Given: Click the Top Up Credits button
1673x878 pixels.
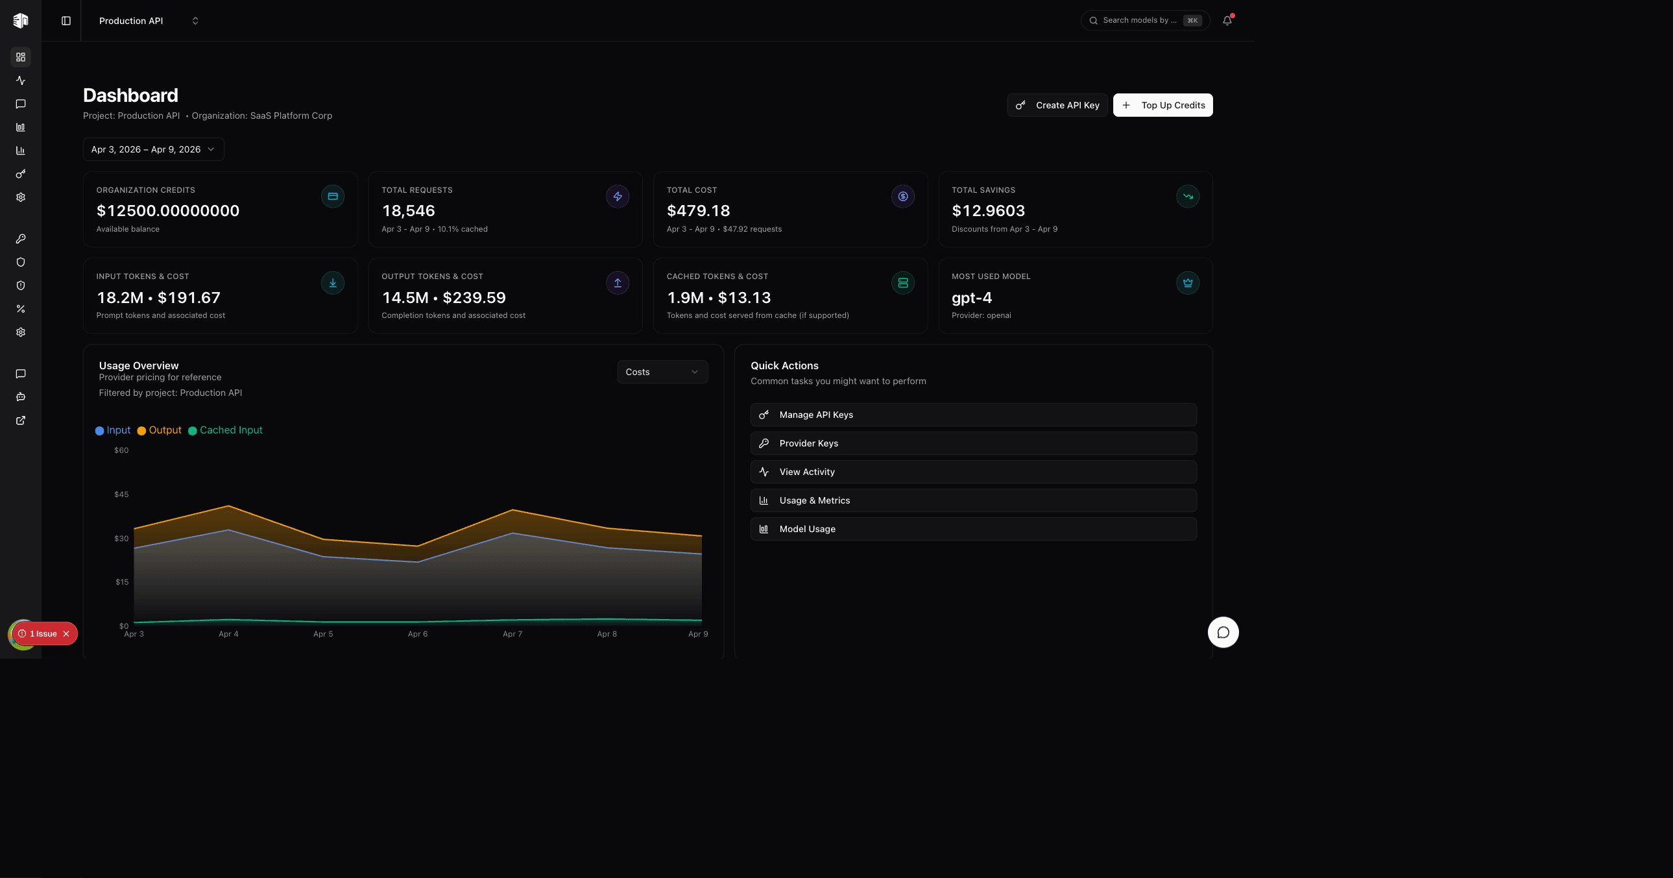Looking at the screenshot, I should (x=1162, y=105).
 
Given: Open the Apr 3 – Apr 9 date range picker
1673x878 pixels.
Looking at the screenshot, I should (x=153, y=149).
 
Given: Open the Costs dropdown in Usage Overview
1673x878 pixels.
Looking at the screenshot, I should (x=662, y=372).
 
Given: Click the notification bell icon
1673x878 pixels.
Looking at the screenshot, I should (x=1227, y=21).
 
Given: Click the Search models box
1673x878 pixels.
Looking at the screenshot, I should (x=1140, y=21).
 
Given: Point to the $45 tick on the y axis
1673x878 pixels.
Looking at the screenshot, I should (x=121, y=494).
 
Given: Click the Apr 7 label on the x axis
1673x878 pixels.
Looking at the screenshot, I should (x=512, y=634).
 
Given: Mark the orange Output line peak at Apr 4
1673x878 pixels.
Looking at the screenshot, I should (x=228, y=506).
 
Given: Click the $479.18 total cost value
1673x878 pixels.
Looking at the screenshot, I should (x=698, y=211).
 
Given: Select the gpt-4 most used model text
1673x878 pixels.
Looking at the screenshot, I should (x=972, y=298).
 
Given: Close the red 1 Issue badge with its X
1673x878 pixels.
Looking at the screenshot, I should (x=66, y=633).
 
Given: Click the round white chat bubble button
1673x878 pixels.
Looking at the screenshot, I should (x=1223, y=632).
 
